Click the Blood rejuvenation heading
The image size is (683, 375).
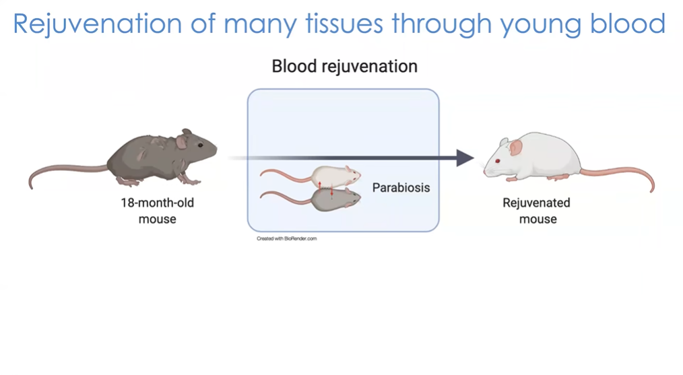tap(344, 67)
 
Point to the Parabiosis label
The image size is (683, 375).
tap(401, 188)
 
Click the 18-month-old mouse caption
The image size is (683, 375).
tap(157, 210)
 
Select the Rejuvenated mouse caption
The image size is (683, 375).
tap(537, 210)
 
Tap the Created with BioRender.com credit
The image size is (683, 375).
tap(286, 238)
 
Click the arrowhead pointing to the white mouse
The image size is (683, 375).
tap(465, 158)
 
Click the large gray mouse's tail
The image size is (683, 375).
tap(61, 172)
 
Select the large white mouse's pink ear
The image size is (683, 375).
tap(516, 146)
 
